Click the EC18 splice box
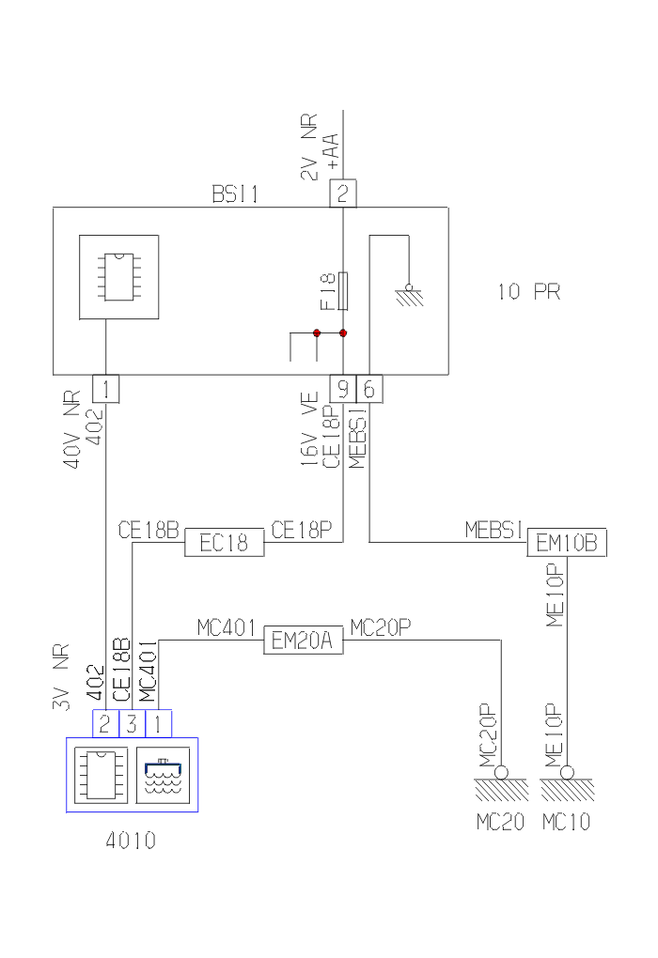tap(224, 543)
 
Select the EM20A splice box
tap(303, 641)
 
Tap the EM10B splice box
tap(566, 543)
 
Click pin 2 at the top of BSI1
tap(343, 194)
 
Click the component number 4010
tap(132, 841)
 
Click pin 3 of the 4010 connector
tap(133, 722)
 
